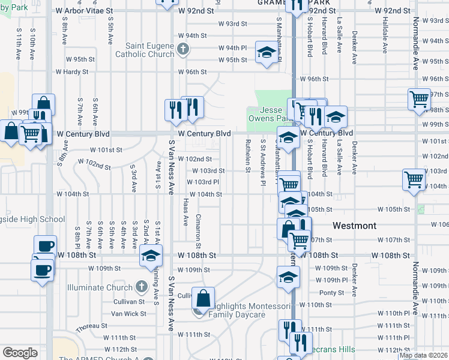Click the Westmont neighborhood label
point(354,226)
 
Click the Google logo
point(20,353)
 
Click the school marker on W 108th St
point(150,256)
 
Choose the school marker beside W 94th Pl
point(266,52)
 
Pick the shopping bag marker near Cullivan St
point(203,297)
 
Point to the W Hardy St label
point(72,72)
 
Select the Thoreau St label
point(91,326)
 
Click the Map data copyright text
point(423,355)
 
